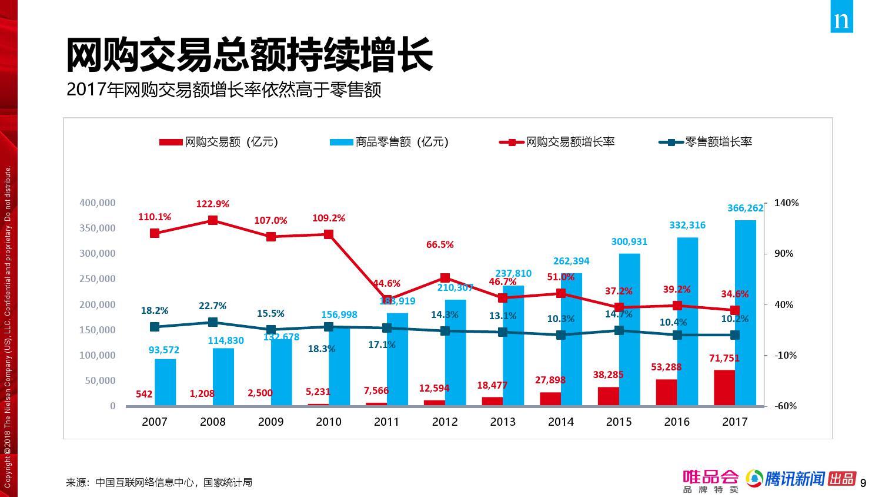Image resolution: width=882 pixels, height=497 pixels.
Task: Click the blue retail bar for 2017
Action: [x=745, y=312]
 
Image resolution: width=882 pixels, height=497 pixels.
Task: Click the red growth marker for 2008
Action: [x=213, y=220]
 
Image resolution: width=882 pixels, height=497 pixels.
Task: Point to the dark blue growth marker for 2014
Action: [x=561, y=335]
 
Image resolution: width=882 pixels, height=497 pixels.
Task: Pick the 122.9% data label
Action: [x=212, y=204]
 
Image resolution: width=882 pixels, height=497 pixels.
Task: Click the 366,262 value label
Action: [x=745, y=208]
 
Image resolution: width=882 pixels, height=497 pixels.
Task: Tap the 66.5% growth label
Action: [x=440, y=244]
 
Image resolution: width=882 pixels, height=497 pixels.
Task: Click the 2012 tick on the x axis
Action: [x=445, y=422]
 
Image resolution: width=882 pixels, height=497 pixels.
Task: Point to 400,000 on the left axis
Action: [x=98, y=203]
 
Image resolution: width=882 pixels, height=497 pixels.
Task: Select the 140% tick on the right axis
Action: [x=786, y=203]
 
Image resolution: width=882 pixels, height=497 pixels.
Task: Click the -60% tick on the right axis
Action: [x=786, y=406]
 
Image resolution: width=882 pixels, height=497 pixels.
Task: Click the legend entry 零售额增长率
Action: [x=706, y=142]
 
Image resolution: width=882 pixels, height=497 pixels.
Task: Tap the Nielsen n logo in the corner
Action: [x=841, y=19]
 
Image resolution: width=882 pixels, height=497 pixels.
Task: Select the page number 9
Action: [x=863, y=483]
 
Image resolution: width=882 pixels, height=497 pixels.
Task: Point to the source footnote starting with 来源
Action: [x=159, y=482]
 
